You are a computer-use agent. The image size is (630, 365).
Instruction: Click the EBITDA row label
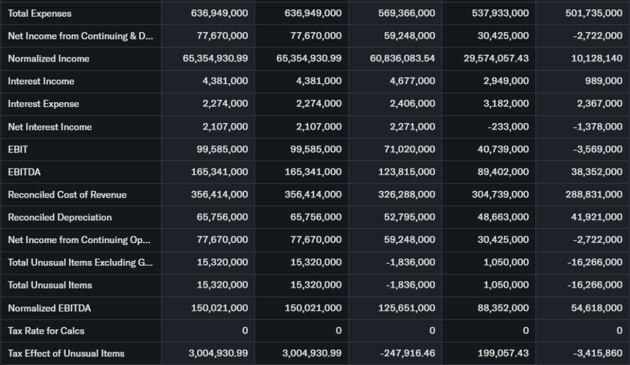coord(25,172)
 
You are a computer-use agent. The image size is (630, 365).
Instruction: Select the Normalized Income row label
coord(49,58)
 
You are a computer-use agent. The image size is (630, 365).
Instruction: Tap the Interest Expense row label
coord(44,104)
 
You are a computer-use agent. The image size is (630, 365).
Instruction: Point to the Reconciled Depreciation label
coord(60,217)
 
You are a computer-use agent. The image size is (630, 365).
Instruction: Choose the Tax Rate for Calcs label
coord(46,331)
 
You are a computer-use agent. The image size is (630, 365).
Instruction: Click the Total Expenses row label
coord(39,13)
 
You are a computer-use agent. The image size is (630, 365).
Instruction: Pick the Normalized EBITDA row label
coord(49,308)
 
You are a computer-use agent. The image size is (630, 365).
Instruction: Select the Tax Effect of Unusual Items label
coord(66,353)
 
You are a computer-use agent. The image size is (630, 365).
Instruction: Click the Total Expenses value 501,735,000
coord(594,13)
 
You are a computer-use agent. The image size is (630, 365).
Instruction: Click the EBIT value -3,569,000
coord(597,149)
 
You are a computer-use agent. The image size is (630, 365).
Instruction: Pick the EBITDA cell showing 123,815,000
coord(407,172)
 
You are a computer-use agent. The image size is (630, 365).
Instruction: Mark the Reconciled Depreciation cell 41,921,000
coord(597,217)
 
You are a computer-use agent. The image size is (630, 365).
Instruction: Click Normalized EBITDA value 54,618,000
coord(597,308)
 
